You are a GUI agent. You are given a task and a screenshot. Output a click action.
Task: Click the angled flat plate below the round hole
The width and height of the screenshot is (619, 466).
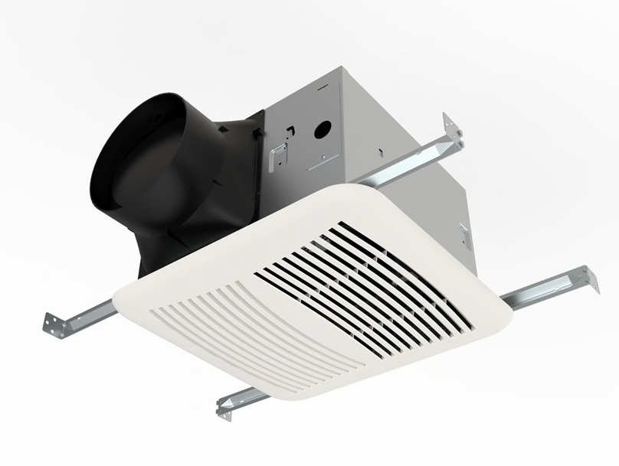(x=322, y=157)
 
